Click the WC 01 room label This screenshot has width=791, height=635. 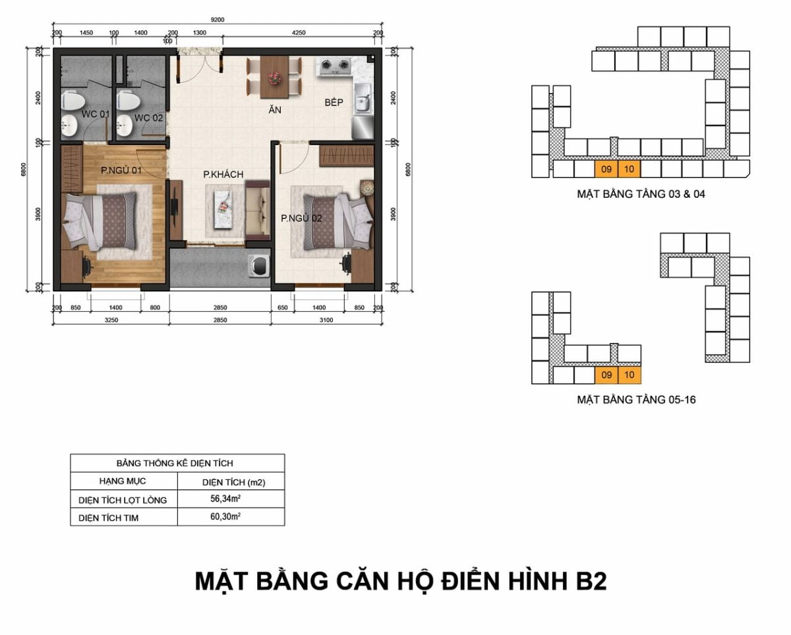[x=96, y=114]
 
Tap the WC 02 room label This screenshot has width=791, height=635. [x=148, y=118]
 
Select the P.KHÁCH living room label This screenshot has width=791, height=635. [x=223, y=174]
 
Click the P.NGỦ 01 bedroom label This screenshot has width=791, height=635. [x=121, y=170]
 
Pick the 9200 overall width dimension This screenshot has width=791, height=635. [x=218, y=20]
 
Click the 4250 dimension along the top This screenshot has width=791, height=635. [x=299, y=33]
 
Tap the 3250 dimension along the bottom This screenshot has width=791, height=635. [x=111, y=320]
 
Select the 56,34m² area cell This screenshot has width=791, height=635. [x=225, y=499]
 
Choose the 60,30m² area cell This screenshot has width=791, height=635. [x=225, y=516]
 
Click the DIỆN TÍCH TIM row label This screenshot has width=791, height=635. [x=108, y=518]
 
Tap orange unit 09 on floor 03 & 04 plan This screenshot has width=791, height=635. [x=606, y=169]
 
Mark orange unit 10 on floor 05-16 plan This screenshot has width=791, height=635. [x=630, y=375]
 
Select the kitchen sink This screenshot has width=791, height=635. [x=363, y=98]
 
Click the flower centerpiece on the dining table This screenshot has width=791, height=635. [x=274, y=78]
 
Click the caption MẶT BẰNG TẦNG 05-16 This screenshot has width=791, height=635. [x=636, y=400]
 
